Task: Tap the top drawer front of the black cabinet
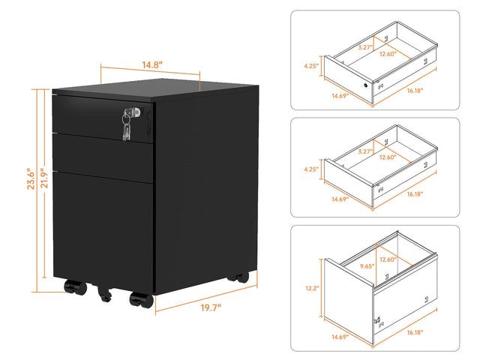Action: pyautogui.click(x=105, y=116)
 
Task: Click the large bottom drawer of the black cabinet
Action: pyautogui.click(x=105, y=225)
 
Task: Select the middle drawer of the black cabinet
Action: pyautogui.click(x=105, y=152)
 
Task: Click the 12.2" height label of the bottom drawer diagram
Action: pyautogui.click(x=311, y=288)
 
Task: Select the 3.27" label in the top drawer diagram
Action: pyautogui.click(x=365, y=46)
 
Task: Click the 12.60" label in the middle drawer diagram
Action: pyautogui.click(x=388, y=157)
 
